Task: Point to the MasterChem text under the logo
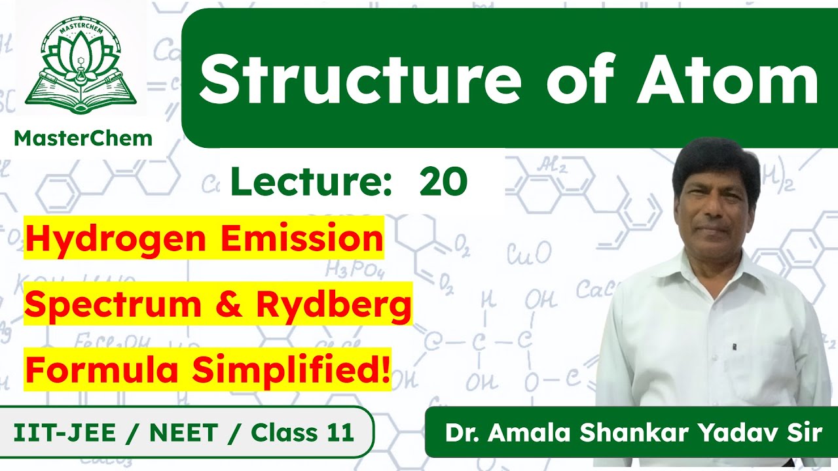pos(83,138)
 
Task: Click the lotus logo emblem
pos(82,68)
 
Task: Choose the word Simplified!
pos(289,371)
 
